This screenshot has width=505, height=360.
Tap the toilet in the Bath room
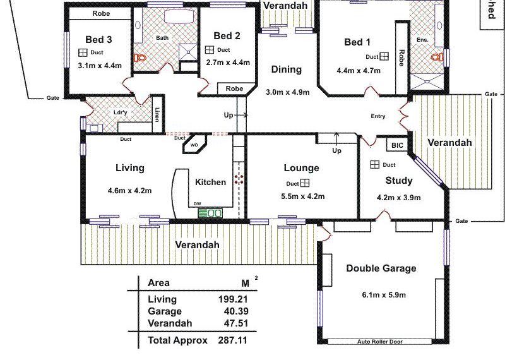pyautogui.click(x=140, y=59)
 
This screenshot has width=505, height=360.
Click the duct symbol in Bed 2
pyautogui.click(x=209, y=50)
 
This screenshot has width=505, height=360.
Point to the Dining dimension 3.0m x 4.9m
pyautogui.click(x=288, y=92)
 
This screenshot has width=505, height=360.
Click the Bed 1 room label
pyautogui.click(x=357, y=42)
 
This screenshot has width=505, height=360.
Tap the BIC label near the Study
pyautogui.click(x=396, y=145)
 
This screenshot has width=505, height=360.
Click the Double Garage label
pyautogui.click(x=381, y=268)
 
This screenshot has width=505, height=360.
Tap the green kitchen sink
pyautogui.click(x=210, y=213)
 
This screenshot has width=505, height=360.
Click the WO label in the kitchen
pyautogui.click(x=194, y=145)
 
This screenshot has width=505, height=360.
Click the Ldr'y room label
pyautogui.click(x=121, y=113)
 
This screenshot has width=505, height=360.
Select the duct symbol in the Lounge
pyautogui.click(x=305, y=183)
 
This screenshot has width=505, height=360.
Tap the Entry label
pyautogui.click(x=378, y=116)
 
